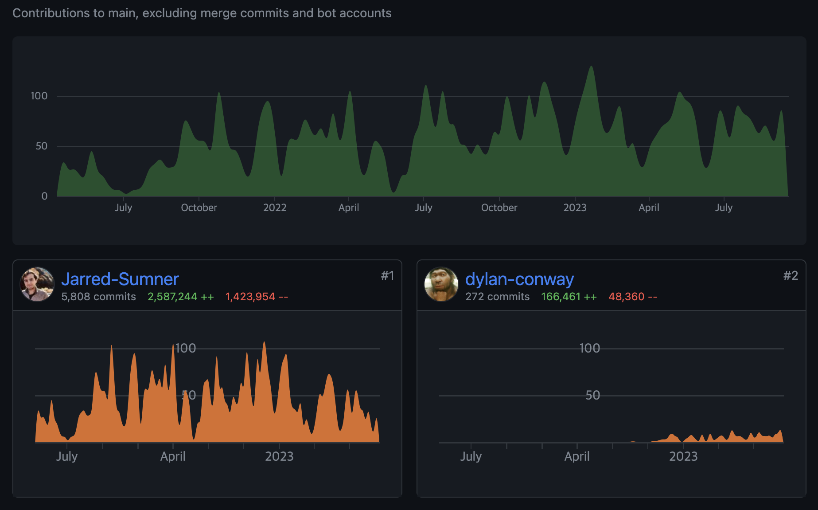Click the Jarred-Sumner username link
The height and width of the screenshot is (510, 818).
[120, 279]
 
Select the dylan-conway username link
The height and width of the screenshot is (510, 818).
[519, 279]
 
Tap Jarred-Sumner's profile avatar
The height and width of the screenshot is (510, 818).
[37, 284]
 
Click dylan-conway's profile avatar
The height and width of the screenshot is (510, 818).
[441, 284]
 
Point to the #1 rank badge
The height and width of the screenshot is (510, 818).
[387, 276]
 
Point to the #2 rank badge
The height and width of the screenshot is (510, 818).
[791, 276]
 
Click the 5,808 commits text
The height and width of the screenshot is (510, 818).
[98, 297]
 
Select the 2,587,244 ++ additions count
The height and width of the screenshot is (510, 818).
[181, 297]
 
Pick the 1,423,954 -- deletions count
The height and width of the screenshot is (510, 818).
[257, 297]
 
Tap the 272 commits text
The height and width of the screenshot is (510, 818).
[497, 297]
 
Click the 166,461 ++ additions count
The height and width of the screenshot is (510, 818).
[569, 297]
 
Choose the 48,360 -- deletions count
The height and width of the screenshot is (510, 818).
[633, 297]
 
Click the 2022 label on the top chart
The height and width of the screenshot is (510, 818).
[275, 208]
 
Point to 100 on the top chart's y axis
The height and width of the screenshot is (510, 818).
[39, 96]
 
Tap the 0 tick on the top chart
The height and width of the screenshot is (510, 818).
[44, 196]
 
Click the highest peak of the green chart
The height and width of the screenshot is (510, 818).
[591, 67]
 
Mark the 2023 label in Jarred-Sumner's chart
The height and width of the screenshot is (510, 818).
[279, 456]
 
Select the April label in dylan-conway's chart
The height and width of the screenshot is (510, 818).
[577, 456]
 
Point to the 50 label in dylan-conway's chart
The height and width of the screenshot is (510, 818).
[592, 395]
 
